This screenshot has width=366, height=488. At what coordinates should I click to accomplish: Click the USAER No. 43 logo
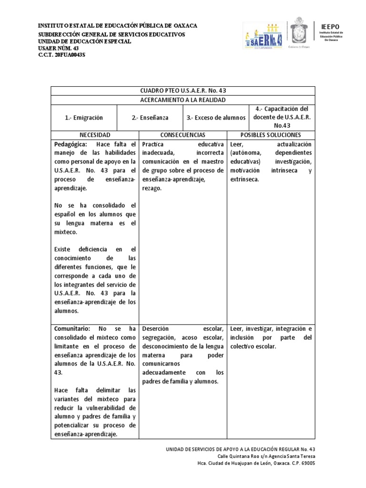(263, 37)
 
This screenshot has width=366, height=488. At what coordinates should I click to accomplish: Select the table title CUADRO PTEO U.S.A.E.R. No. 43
(183, 91)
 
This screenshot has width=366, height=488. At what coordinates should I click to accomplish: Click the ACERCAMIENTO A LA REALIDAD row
(183, 100)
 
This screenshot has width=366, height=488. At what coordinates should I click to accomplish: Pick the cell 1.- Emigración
(84, 118)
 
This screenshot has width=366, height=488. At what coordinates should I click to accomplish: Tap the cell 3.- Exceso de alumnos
(216, 118)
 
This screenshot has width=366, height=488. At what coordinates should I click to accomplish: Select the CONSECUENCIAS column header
(183, 135)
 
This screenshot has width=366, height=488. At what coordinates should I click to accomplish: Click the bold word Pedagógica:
(71, 144)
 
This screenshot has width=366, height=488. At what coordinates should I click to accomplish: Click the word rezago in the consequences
(152, 189)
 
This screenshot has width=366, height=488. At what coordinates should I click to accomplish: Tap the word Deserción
(155, 328)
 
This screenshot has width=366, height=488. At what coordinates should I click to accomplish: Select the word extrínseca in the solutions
(244, 180)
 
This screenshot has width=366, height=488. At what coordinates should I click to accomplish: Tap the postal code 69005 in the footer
(306, 463)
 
